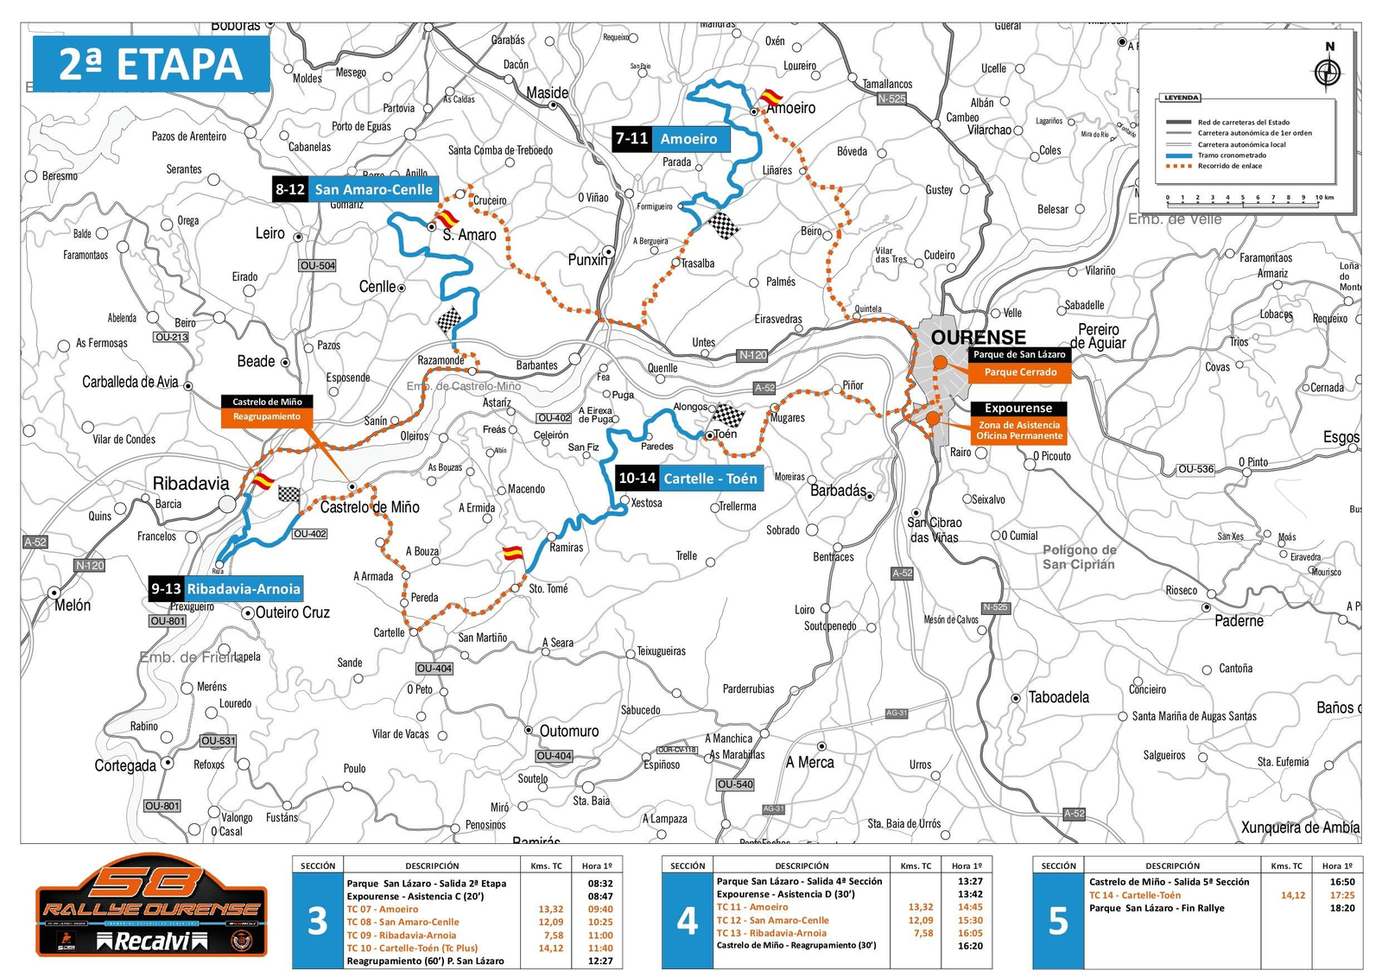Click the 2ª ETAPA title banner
(151, 64)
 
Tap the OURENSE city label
(978, 337)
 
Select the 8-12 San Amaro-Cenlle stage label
(355, 189)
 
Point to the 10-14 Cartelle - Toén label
(688, 478)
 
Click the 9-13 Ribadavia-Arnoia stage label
(225, 589)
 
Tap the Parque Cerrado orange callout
(1020, 372)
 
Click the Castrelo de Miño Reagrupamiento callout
(267, 409)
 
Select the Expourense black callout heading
(1018, 409)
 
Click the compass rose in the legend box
(1328, 72)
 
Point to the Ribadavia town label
(191, 483)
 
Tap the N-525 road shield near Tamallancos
(891, 99)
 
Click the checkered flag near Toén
(728, 416)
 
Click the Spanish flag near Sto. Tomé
(513, 553)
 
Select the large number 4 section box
(687, 921)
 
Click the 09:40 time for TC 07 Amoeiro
(600, 909)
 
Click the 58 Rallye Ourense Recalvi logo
(151, 905)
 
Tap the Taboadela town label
(1058, 697)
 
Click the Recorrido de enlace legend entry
(1229, 166)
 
